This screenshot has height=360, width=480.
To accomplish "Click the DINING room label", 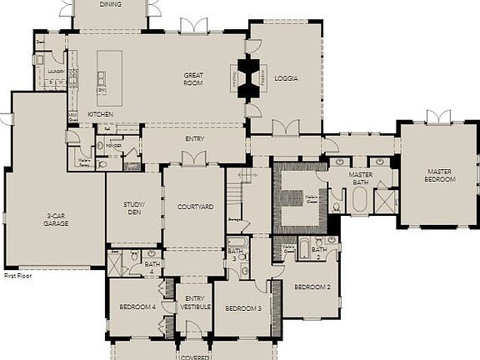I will (x=110, y=4).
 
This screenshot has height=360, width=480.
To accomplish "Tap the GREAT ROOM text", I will (x=194, y=78).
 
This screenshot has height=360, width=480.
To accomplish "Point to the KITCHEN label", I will (x=101, y=114).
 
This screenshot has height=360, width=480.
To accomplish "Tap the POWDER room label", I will (x=113, y=145).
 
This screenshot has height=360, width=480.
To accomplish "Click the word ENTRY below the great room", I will (x=195, y=139).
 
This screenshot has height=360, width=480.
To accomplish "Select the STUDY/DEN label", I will (x=134, y=207).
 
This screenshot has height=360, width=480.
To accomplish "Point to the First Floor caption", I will (x=17, y=275).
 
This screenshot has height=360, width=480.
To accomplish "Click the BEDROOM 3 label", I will (x=242, y=307).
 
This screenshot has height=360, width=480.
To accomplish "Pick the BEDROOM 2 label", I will (x=312, y=287).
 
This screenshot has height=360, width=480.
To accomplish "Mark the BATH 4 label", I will (x=152, y=267).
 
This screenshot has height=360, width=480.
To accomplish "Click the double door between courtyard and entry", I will (x=194, y=162).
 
